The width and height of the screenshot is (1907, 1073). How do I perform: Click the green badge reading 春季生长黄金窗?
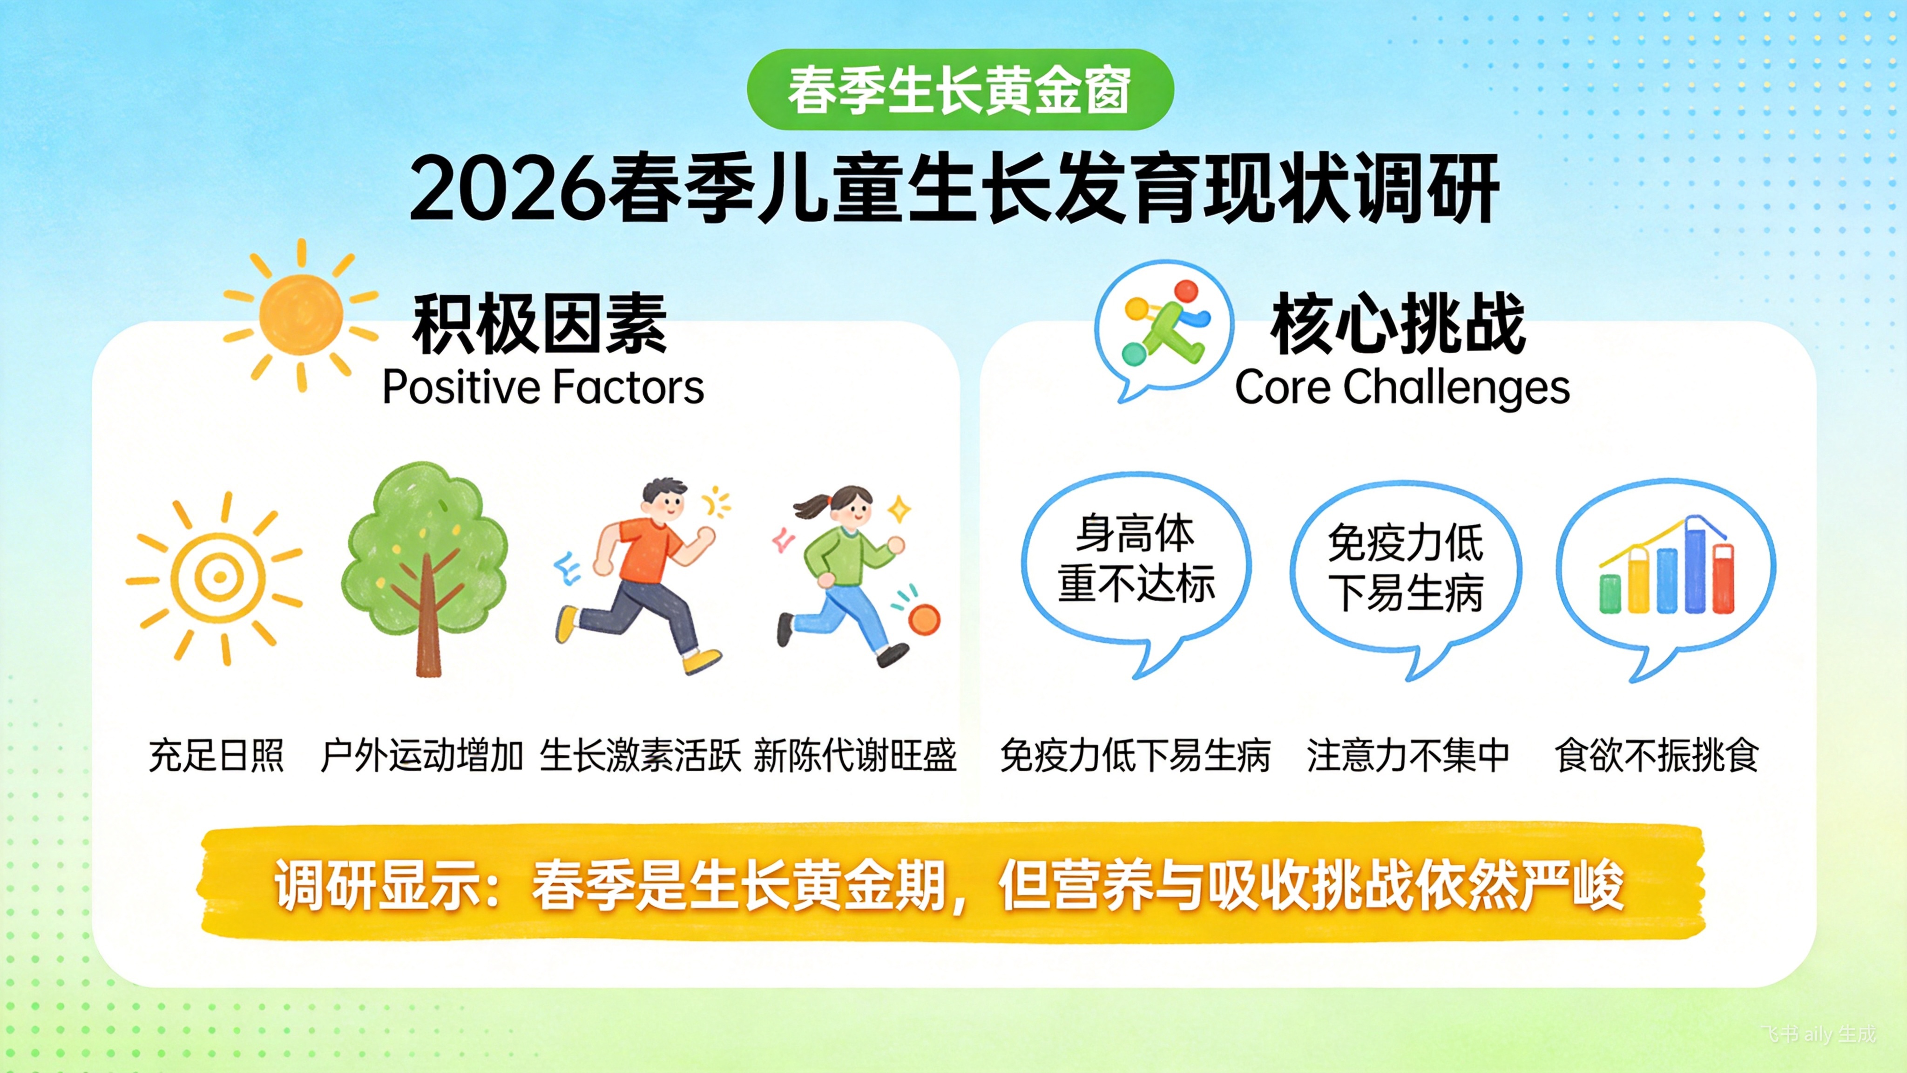coord(960,89)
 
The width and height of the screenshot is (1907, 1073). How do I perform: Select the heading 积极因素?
coord(540,324)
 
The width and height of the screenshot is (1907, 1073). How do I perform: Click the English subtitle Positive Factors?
coord(543,387)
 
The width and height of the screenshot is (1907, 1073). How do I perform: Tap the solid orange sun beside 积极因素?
coord(301,315)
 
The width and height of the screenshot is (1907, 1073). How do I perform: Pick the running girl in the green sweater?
coord(852,575)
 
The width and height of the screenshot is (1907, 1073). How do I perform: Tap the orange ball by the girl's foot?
coord(924,619)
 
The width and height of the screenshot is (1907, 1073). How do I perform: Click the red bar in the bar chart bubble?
coord(1724,579)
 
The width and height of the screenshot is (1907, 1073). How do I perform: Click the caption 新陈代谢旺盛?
coord(855,756)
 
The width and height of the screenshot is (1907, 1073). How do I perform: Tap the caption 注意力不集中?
coord(1408,756)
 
